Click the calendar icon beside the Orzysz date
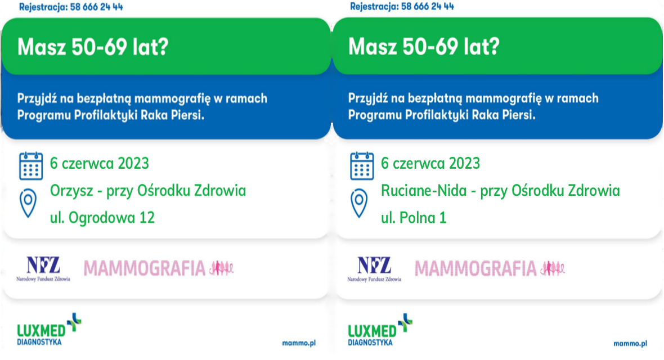pyautogui.click(x=31, y=165)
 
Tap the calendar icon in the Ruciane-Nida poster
pyautogui.click(x=362, y=165)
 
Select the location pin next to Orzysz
pyautogui.click(x=28, y=203)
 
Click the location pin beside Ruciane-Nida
pyautogui.click(x=359, y=203)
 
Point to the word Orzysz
pyautogui.click(x=71, y=191)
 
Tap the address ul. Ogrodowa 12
pyautogui.click(x=102, y=218)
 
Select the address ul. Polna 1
pyautogui.click(x=414, y=218)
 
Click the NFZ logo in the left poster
pyautogui.click(x=43, y=268)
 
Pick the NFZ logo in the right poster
pyautogui.click(x=374, y=268)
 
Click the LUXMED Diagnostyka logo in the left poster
pyautogui.click(x=49, y=330)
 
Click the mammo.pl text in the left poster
pyautogui.click(x=299, y=343)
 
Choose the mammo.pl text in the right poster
pyautogui.click(x=630, y=343)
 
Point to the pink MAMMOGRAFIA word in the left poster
pyautogui.click(x=145, y=268)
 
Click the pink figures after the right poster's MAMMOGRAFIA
pyautogui.click(x=553, y=268)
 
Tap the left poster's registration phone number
pyautogui.click(x=95, y=7)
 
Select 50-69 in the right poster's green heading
pyautogui.click(x=430, y=46)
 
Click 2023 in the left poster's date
pyautogui.click(x=133, y=164)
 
